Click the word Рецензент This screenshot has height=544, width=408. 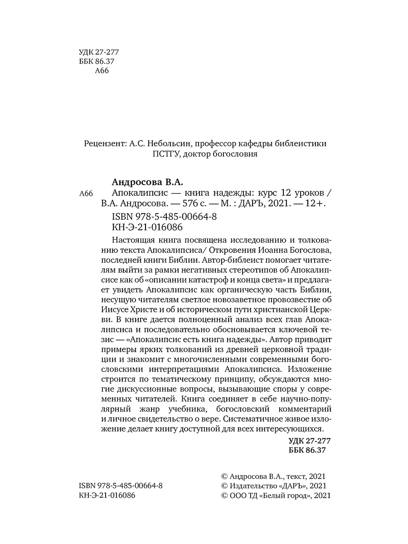point(105,143)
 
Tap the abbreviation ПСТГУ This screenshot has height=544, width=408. point(166,155)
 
